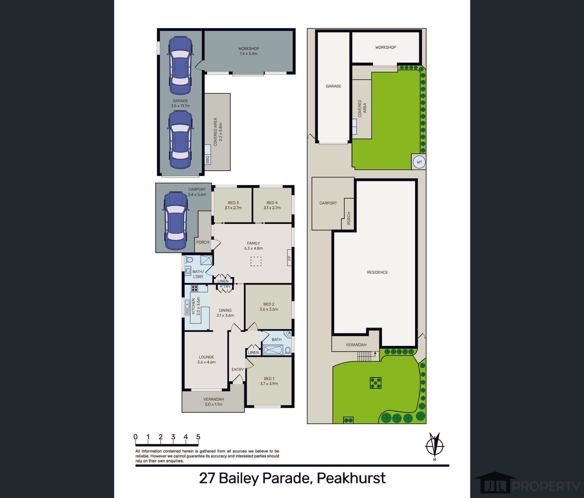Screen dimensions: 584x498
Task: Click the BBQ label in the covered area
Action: pyautogui.click(x=208, y=160)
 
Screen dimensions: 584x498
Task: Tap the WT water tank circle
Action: pyautogui.click(x=419, y=162)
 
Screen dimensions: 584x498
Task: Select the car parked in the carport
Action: pyautogui.click(x=175, y=221)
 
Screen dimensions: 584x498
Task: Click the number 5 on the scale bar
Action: pyautogui.click(x=198, y=437)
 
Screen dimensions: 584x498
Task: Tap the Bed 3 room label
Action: pyautogui.click(x=233, y=203)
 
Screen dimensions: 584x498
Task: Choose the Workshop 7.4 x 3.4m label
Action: pyautogui.click(x=249, y=51)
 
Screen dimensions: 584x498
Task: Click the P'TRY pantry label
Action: pyautogui.click(x=225, y=287)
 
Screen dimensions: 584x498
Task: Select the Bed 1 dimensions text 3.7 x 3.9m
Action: pyautogui.click(x=269, y=384)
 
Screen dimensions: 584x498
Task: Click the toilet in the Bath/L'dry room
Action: pyautogui.click(x=189, y=260)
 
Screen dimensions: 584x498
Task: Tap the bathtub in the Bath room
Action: pyautogui.click(x=273, y=350)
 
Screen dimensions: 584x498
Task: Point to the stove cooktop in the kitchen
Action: pyautogui.click(x=195, y=288)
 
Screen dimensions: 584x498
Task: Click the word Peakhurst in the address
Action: pyautogui.click(x=351, y=478)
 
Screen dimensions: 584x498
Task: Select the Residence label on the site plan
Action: pyautogui.click(x=377, y=272)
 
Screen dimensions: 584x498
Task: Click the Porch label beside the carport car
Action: pyautogui.click(x=203, y=242)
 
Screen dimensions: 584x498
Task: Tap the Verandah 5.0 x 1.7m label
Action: pyautogui.click(x=214, y=402)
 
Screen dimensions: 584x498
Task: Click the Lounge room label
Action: pyautogui.click(x=206, y=357)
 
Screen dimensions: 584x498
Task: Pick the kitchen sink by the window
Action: pyautogui.click(x=187, y=307)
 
